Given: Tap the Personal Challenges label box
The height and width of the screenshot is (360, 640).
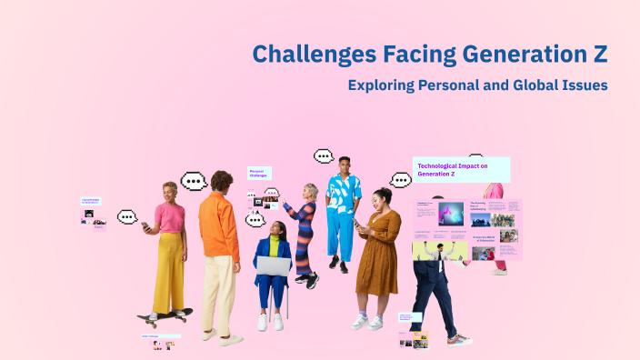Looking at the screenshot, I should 259,173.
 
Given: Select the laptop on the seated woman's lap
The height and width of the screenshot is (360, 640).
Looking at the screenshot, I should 273,265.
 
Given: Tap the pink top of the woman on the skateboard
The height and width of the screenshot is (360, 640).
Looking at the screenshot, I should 169,217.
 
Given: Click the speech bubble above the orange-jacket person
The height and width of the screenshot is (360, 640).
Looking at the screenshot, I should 194,181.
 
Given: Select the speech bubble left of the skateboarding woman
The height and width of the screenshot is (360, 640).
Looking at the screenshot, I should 126,216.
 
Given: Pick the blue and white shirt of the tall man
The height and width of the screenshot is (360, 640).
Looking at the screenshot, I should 344,195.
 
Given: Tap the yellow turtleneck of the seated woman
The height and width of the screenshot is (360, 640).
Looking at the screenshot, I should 274,245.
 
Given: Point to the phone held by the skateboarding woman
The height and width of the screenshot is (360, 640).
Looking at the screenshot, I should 145,225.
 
